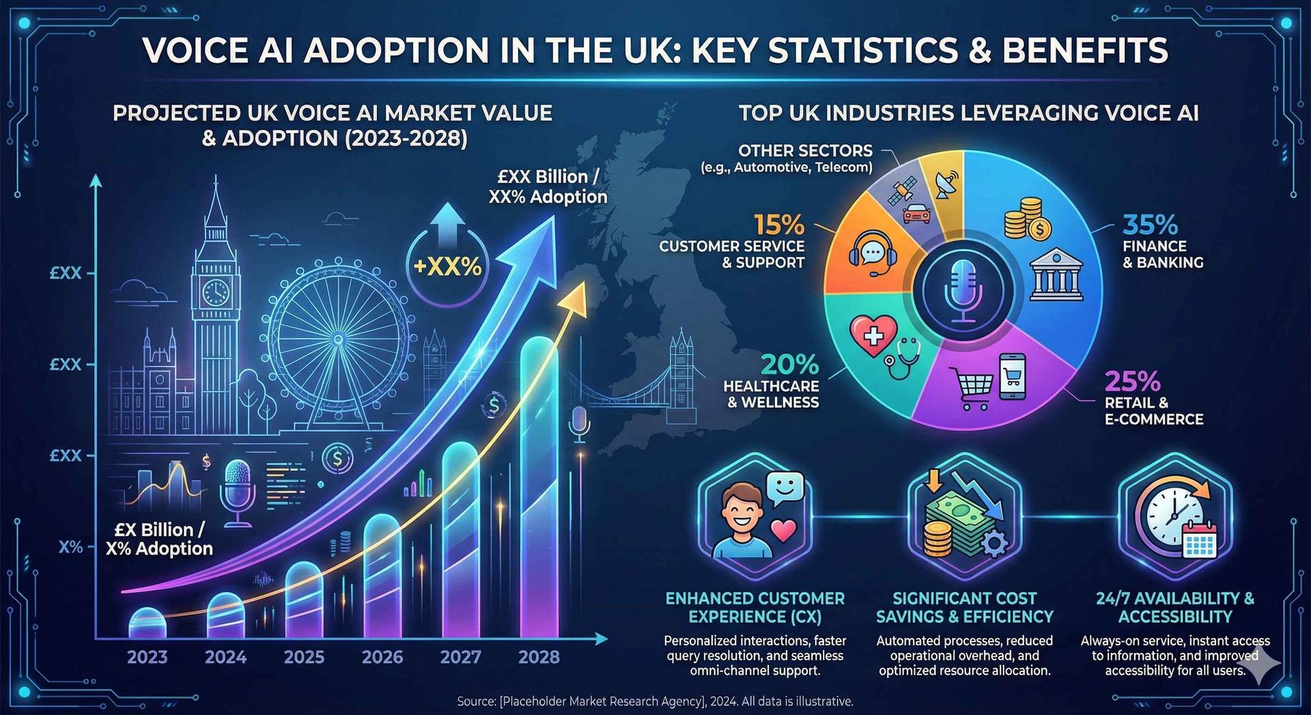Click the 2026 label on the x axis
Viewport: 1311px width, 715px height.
point(382,657)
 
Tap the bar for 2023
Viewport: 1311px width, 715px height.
point(147,623)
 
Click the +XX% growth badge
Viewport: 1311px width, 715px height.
point(447,266)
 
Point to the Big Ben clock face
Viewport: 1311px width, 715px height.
point(216,292)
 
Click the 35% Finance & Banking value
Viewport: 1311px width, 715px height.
point(1151,225)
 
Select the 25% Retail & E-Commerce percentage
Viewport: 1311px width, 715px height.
point(1132,381)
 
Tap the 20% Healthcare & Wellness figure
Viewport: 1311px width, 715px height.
point(789,365)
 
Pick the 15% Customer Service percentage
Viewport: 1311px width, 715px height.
point(779,225)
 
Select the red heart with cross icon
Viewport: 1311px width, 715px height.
point(873,335)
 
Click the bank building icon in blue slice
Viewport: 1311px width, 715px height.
point(1056,275)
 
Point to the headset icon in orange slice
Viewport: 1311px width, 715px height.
point(872,253)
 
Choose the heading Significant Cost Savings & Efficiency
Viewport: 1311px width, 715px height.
point(964,608)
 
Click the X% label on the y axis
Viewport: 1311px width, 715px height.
point(70,547)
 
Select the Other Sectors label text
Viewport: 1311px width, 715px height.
point(804,151)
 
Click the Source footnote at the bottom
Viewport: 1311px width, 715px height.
point(655,701)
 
